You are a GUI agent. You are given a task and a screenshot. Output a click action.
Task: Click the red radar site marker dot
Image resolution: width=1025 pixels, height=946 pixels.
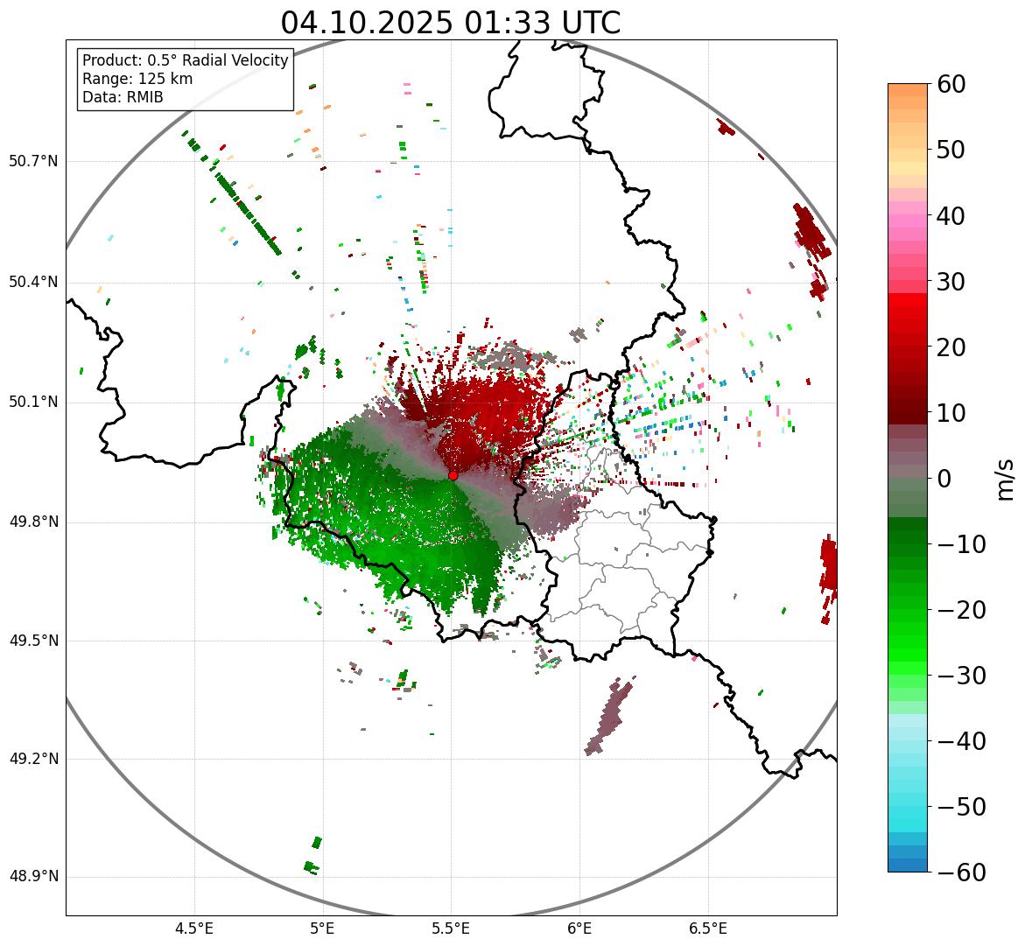click(x=453, y=474)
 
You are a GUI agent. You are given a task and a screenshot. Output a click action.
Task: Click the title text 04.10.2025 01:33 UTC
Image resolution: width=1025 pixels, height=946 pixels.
click(x=450, y=23)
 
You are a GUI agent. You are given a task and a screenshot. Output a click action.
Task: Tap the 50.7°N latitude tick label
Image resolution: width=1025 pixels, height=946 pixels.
click(x=33, y=162)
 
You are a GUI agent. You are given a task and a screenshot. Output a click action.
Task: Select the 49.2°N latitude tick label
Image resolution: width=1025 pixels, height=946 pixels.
click(x=33, y=759)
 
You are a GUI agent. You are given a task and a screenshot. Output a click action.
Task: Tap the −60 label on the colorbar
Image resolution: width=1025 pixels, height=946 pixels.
click(x=961, y=872)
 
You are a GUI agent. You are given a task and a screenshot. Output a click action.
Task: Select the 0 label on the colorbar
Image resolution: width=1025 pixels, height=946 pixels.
click(x=944, y=479)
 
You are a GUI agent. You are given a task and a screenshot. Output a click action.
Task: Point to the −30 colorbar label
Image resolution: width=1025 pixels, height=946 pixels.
click(x=961, y=676)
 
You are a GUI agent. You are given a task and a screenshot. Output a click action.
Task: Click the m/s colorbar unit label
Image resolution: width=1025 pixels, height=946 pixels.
click(x=1006, y=479)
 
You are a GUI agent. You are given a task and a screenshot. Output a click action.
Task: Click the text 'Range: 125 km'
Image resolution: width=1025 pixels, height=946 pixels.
click(x=137, y=79)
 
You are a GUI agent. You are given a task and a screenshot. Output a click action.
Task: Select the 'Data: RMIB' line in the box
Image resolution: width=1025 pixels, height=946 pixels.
click(x=123, y=97)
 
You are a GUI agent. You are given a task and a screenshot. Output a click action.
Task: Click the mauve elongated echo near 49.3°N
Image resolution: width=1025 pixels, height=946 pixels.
click(x=609, y=717)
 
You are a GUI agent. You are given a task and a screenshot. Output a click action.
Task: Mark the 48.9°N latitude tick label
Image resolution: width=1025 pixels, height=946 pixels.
click(x=33, y=877)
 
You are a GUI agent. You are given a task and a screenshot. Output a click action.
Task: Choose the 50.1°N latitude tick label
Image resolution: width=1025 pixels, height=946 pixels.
click(x=33, y=403)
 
